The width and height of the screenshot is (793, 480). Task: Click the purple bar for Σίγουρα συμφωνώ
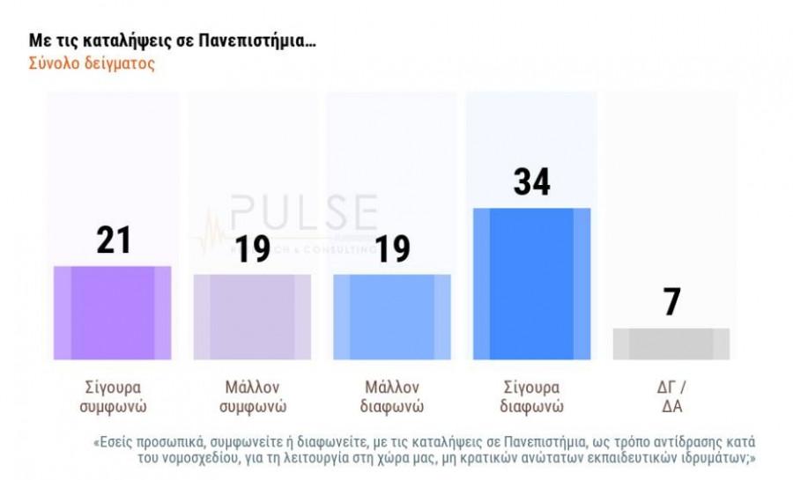coord(112,312)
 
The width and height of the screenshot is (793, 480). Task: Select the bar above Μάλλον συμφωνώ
coord(252,316)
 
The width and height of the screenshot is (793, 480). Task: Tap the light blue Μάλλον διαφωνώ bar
coord(392,316)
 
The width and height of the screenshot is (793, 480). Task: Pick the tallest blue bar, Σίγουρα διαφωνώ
coord(531,284)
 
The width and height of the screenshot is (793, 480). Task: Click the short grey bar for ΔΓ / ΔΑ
coord(671,343)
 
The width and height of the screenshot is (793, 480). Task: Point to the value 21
coord(114,240)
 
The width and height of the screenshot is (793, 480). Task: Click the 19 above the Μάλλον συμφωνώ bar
coord(252,248)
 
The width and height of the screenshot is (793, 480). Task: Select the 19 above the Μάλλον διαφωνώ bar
coord(392,248)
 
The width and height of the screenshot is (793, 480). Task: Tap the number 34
coord(532,181)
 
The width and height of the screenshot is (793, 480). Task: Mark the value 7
coord(671,302)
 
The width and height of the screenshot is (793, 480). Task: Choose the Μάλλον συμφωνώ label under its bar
coord(251,397)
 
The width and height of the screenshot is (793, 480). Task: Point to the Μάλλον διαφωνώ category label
coord(392,397)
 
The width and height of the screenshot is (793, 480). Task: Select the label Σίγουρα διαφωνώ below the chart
coord(532,397)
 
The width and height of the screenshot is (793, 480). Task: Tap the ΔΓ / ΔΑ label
coord(671,397)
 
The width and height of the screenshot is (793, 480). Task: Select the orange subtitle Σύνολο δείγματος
coord(92,64)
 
